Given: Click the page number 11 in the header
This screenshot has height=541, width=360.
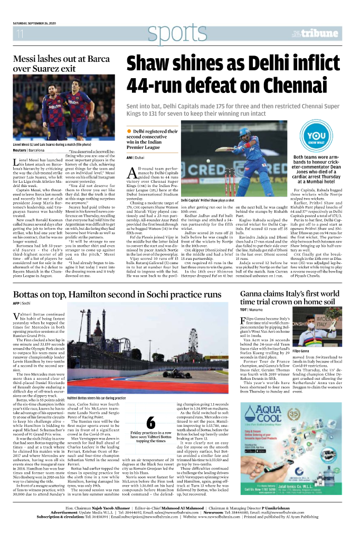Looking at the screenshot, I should [x=20, y=34].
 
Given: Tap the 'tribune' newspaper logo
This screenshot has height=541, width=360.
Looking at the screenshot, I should [x=320, y=34].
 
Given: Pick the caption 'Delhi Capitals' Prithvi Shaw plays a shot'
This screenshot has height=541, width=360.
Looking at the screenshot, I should [x=207, y=201].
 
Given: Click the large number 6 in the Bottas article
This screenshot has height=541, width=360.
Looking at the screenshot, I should [x=150, y=423].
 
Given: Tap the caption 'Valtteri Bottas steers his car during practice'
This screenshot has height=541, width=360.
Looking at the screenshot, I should [x=96, y=398].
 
